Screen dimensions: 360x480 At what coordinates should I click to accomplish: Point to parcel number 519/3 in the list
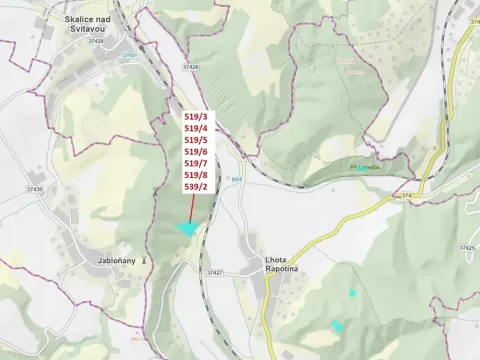click(196, 117)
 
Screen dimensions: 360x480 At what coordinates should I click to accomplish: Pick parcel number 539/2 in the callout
click(196, 187)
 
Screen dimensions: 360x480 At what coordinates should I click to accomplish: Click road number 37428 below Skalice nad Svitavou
click(95, 41)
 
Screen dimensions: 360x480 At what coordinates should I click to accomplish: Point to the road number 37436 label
click(35, 189)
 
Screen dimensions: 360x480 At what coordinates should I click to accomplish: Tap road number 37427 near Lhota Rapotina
click(214, 272)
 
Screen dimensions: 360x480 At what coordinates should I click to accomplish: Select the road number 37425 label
click(467, 247)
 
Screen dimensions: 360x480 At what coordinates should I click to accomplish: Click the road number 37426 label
click(190, 66)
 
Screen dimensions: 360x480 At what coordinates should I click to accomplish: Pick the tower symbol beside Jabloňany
click(145, 259)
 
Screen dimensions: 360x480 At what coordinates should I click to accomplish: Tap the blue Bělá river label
click(236, 179)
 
